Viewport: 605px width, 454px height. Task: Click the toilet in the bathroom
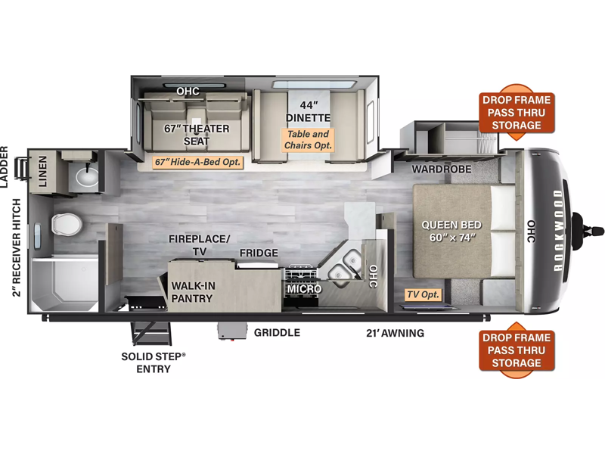(x=67, y=223)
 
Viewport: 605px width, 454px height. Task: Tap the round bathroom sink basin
(x=87, y=177)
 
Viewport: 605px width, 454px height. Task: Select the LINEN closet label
(x=43, y=172)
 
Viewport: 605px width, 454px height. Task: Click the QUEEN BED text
(x=451, y=225)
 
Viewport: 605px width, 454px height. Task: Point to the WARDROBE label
(x=442, y=169)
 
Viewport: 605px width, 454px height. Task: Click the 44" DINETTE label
(x=309, y=111)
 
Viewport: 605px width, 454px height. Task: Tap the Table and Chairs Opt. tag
(x=308, y=140)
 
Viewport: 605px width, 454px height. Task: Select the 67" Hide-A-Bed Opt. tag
(x=197, y=162)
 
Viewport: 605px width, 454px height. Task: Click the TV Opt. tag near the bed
(x=423, y=294)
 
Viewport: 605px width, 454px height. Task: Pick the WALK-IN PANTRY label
(x=193, y=292)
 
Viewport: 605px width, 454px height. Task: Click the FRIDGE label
(x=259, y=253)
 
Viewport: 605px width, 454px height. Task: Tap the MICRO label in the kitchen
(x=304, y=289)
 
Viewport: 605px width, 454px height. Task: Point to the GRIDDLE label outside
(x=277, y=332)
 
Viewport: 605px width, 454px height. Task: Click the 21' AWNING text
(x=395, y=333)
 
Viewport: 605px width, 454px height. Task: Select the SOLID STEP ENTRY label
(x=154, y=362)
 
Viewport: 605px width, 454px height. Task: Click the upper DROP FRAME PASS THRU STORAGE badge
(x=517, y=112)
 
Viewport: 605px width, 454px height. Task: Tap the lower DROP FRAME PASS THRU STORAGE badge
(x=517, y=350)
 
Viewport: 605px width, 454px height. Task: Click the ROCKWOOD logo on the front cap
(x=557, y=231)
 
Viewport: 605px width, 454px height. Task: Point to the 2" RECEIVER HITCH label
(x=16, y=247)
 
